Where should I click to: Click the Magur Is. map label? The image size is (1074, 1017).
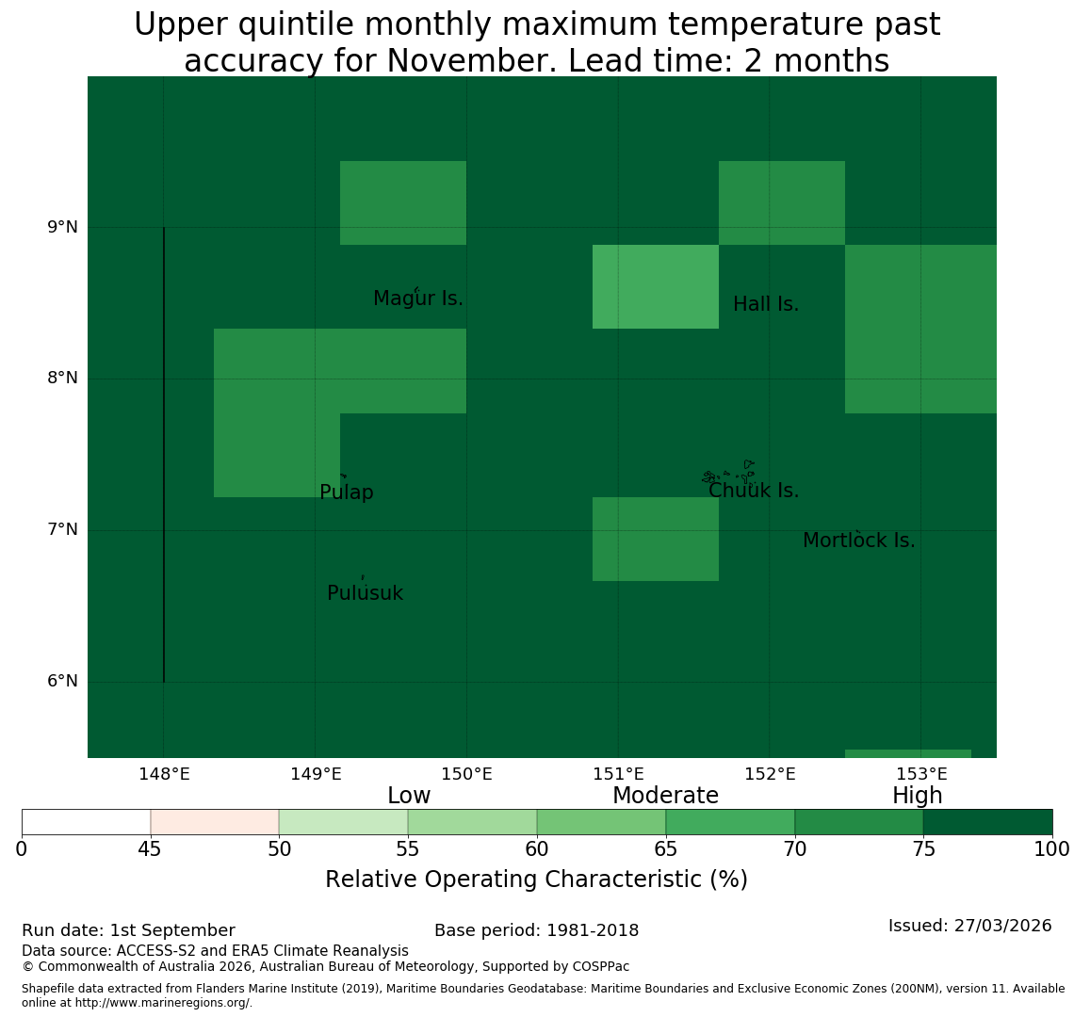[417, 299]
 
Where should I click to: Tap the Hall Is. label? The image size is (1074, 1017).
[766, 304]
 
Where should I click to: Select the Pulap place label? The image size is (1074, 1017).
[347, 492]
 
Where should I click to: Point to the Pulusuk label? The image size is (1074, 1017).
[366, 593]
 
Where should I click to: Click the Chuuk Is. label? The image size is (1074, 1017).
[754, 491]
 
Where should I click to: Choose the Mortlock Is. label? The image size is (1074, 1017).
[859, 541]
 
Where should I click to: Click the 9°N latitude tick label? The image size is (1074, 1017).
[62, 227]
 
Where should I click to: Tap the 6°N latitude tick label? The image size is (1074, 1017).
[62, 682]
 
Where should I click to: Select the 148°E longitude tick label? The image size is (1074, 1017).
[164, 775]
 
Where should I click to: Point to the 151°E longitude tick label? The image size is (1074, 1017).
[619, 775]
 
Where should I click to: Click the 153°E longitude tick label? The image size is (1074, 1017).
[922, 775]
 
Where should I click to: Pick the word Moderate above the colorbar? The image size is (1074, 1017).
[666, 796]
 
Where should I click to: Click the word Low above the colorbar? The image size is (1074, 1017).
[409, 796]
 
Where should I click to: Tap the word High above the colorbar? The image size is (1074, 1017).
[918, 796]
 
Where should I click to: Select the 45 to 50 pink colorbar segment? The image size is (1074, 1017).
[215, 822]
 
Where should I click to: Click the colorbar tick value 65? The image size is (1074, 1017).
[666, 850]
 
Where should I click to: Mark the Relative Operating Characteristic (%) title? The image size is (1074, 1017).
[536, 880]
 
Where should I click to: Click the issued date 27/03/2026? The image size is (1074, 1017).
[1002, 926]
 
